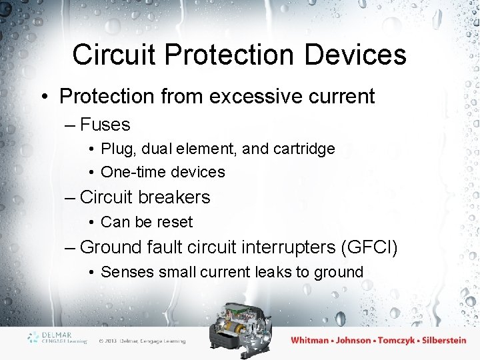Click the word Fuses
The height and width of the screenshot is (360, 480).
[105, 125]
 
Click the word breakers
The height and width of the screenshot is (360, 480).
[175, 197]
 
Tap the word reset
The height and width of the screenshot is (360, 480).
[175, 222]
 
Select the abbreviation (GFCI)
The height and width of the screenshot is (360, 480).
[369, 247]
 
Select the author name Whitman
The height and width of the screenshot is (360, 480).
[310, 340]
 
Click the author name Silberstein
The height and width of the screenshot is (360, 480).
[435, 340]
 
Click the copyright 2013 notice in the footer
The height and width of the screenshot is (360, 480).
[142, 341]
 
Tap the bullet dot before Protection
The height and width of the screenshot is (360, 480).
[44, 97]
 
